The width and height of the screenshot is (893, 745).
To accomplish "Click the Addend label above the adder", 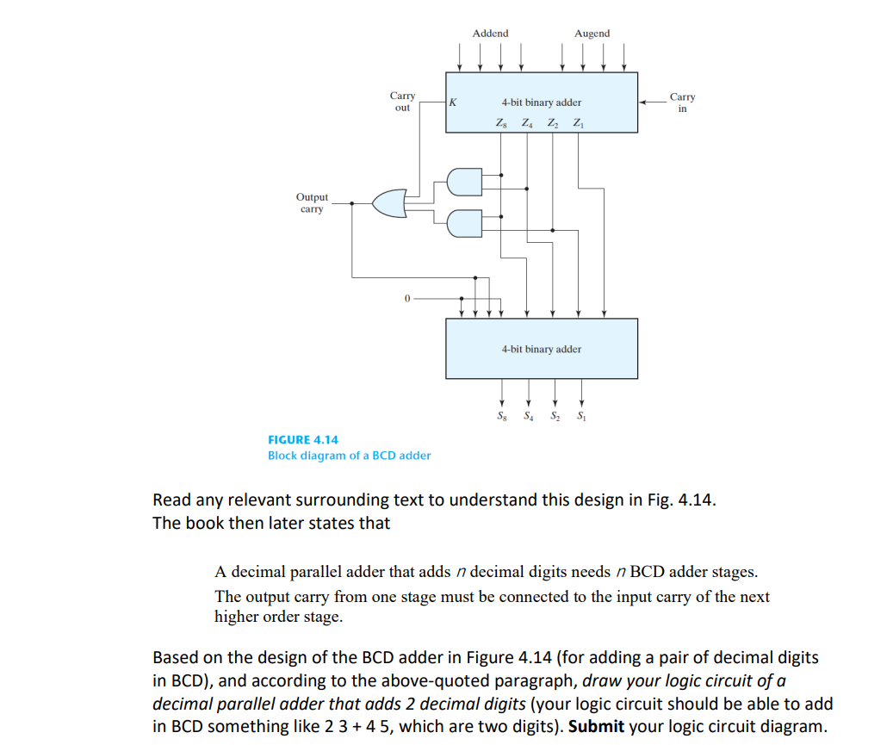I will click(x=490, y=34).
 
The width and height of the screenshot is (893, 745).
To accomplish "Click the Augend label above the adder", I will click(x=592, y=34).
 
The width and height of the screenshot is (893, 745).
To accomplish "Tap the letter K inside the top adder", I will click(x=453, y=102).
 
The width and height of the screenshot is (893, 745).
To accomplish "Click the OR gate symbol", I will click(x=388, y=203).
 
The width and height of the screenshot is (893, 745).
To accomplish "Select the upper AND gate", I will click(x=463, y=182).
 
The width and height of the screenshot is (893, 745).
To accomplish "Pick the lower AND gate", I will click(x=463, y=223).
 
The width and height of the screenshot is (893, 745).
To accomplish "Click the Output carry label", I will click(x=313, y=203).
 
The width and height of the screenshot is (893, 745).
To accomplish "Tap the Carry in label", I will click(x=683, y=102).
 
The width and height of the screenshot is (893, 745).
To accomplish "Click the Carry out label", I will click(x=402, y=102).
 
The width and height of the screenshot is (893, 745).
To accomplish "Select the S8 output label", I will click(x=501, y=418).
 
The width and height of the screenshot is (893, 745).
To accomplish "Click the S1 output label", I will click(x=581, y=418).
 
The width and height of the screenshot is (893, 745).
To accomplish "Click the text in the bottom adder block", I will click(x=541, y=349).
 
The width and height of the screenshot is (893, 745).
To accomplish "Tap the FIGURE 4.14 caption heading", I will click(x=302, y=439).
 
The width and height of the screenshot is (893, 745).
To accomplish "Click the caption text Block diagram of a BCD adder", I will click(x=349, y=455).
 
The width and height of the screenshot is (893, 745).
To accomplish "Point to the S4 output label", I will click(x=528, y=418).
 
